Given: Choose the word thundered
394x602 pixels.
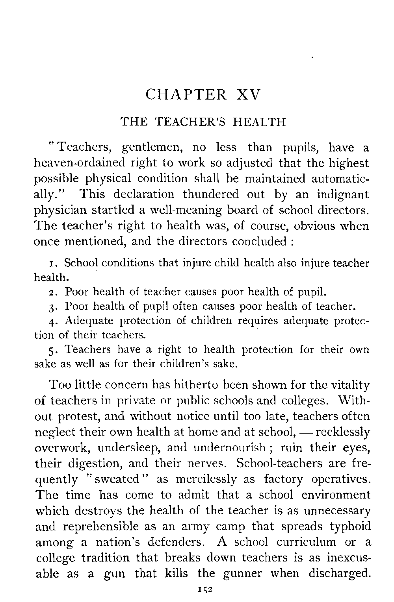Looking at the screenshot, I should click(x=208, y=195).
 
